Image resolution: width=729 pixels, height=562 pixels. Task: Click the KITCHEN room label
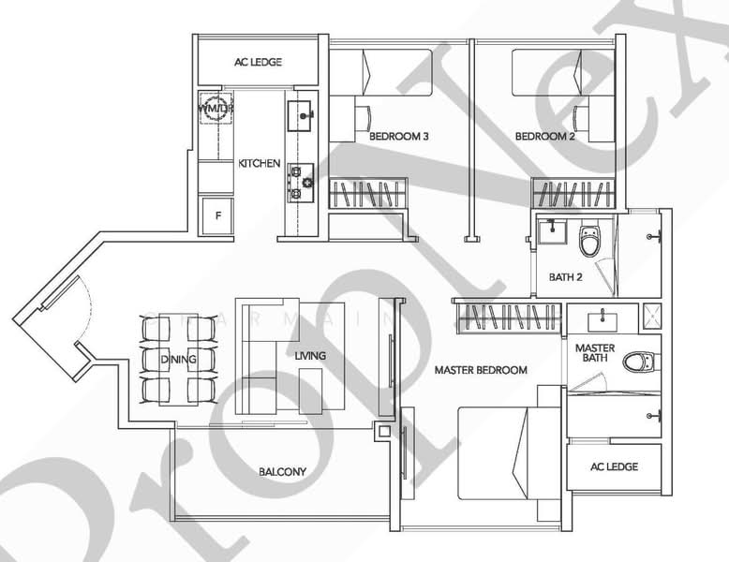pos(259,164)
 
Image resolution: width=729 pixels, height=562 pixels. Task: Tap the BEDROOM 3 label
pos(398,137)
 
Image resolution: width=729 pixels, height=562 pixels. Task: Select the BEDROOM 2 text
pos(544,137)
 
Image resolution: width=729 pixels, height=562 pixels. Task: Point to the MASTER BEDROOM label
pos(481,370)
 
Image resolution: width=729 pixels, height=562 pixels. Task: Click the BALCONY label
pos(282,471)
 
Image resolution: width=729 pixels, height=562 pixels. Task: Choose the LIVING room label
pos(310,356)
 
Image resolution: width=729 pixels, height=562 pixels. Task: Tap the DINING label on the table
pos(178,359)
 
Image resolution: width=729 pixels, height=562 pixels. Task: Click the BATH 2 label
pos(566,277)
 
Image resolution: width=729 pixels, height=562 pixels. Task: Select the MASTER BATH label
pos(595,354)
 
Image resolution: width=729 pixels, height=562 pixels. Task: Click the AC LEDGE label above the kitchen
pos(258,63)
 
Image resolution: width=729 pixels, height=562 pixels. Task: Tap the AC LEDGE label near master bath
pos(615,466)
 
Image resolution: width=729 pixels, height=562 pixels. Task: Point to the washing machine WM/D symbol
pos(214,109)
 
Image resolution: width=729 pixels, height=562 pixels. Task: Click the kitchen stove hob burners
pos(301,183)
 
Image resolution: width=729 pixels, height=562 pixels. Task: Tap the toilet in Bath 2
pos(589,241)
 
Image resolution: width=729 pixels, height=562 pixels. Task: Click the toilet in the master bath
pos(642,361)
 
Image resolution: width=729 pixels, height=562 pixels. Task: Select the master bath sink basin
pos(601,322)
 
